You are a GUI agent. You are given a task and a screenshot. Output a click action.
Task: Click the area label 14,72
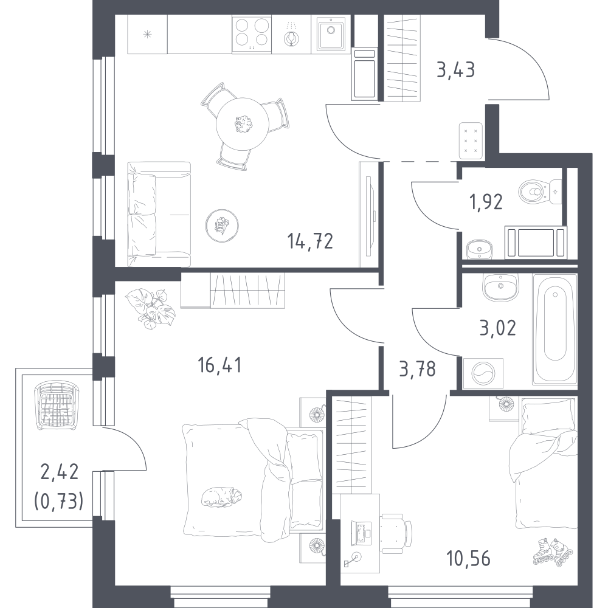pyautogui.click(x=310, y=241)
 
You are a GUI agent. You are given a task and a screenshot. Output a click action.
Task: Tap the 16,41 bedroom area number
pyautogui.click(x=219, y=365)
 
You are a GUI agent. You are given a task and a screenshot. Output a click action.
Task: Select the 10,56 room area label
pyautogui.click(x=468, y=559)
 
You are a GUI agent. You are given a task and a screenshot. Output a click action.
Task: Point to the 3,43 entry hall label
pyautogui.click(x=455, y=71)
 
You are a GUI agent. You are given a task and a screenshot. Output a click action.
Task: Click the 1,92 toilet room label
pyautogui.click(x=486, y=202)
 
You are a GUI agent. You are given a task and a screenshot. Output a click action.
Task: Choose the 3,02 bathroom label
pyautogui.click(x=498, y=328)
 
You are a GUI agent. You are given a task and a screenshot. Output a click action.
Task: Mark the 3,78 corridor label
pyautogui.click(x=417, y=369)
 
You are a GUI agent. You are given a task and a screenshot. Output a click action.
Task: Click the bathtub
pyautogui.click(x=555, y=329)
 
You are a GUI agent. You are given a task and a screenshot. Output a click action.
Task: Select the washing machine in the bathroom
pyautogui.click(x=483, y=373)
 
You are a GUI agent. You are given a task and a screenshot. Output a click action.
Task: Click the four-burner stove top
pyautogui.click(x=252, y=34)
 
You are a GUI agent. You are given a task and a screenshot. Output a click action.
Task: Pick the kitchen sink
pyautogui.click(x=331, y=33)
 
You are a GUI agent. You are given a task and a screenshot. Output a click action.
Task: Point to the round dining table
pyautogui.click(x=243, y=125)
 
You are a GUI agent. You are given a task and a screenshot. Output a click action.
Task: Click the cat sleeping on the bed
pyautogui.click(x=221, y=496)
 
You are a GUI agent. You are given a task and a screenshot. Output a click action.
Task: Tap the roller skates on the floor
pyautogui.click(x=553, y=551)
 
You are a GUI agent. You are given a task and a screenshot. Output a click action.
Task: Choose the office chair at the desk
pyautogui.click(x=396, y=533)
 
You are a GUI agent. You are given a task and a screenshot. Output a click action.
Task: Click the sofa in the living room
pyautogui.click(x=159, y=215)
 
